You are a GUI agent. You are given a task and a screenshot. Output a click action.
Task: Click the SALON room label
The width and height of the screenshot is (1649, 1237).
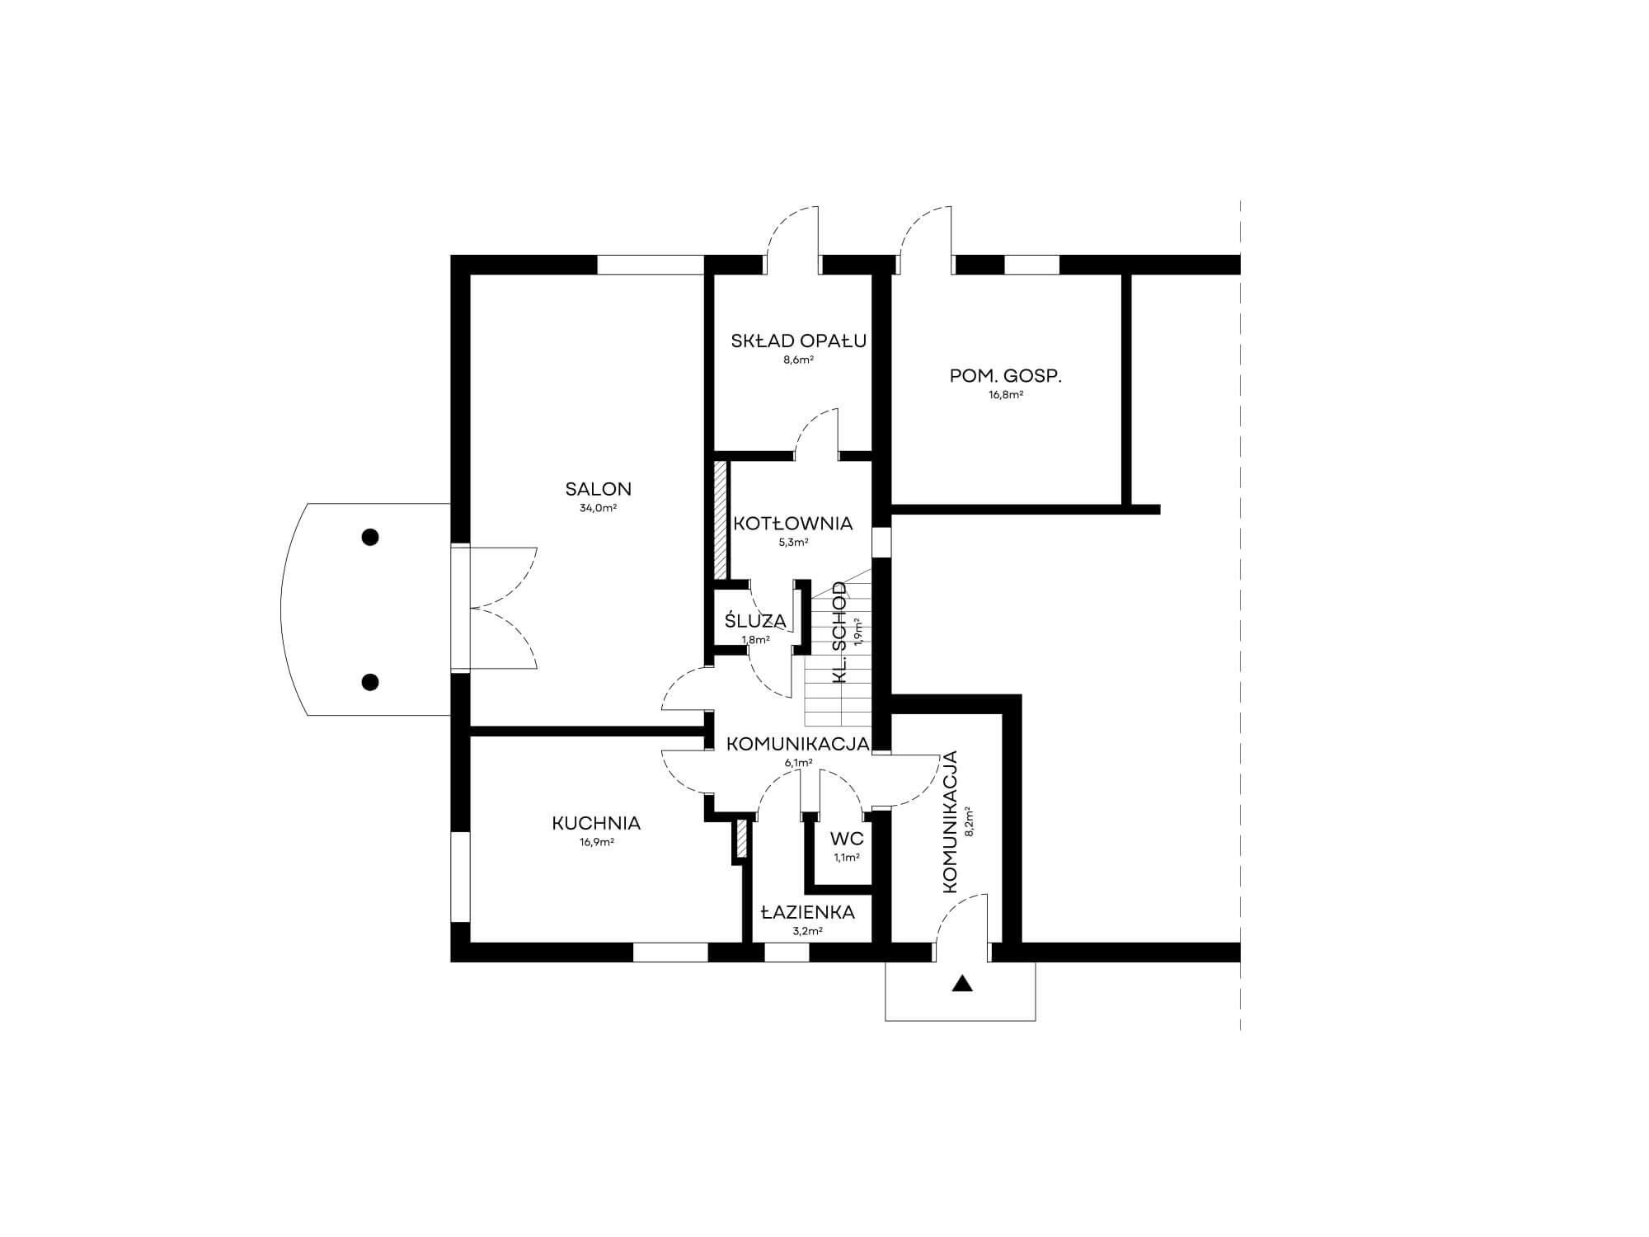point(598,489)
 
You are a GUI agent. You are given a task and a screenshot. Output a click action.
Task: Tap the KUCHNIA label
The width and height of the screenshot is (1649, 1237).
point(596,823)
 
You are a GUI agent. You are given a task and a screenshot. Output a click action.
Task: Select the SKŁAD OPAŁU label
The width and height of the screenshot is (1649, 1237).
point(798,341)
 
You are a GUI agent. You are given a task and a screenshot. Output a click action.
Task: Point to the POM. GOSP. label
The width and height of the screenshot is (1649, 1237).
point(1006,376)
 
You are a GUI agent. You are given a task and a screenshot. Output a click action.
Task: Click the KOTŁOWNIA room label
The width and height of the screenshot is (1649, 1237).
point(793,524)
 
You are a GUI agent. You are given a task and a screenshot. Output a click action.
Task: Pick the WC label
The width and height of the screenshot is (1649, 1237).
point(847,840)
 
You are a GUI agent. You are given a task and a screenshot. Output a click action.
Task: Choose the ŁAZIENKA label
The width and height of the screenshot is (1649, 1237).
point(807,913)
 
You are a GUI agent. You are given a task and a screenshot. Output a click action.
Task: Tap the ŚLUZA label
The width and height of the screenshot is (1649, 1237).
point(755,620)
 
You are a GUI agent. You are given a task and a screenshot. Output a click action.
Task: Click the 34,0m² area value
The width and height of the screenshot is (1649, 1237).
point(598,509)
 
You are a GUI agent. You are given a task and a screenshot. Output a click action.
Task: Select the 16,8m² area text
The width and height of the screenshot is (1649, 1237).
point(1006,395)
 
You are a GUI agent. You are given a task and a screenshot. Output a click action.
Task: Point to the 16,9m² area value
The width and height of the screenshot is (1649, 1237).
point(596,843)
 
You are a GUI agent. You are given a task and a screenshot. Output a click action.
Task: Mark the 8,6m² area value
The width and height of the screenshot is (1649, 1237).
point(798,360)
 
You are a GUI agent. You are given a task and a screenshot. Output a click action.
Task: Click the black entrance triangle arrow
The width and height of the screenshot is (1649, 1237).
point(961,984)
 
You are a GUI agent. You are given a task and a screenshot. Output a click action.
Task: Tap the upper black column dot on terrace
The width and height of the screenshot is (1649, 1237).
point(370,538)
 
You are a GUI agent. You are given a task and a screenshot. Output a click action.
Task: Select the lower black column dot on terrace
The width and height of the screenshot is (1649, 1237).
point(370,682)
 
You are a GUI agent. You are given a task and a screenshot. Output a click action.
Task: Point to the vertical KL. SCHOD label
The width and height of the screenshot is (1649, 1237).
point(840,633)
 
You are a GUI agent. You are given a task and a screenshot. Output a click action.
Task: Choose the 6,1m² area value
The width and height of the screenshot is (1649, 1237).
point(799,763)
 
